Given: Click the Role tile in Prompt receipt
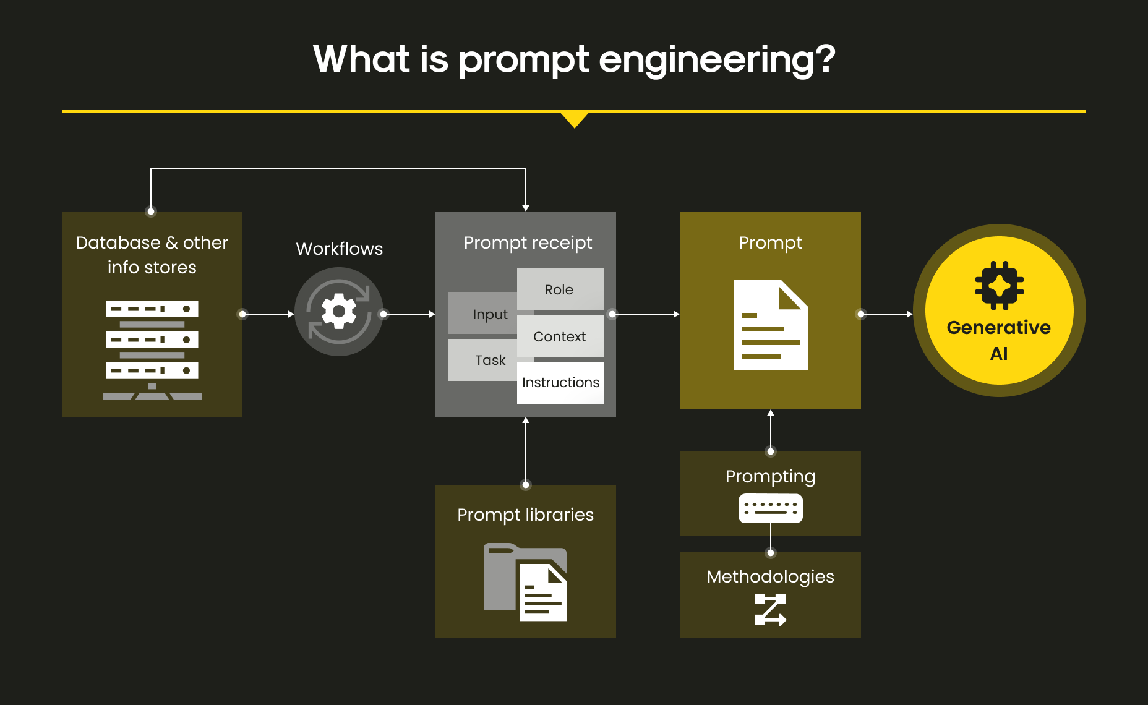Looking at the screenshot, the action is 560,289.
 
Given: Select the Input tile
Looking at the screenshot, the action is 483,314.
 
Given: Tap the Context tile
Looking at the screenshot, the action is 560,336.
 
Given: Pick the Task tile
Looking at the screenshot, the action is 483,360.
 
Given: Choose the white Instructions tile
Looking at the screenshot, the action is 560,383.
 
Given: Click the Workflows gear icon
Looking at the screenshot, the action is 339,312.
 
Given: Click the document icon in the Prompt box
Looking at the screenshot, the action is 771,325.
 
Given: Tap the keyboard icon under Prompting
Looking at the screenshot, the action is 771,508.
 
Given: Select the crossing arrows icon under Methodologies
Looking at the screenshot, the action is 771,610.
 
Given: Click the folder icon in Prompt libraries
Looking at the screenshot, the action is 525,582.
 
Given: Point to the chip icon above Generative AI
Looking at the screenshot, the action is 1000,285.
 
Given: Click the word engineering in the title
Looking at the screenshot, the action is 717,60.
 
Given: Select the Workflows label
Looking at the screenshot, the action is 340,249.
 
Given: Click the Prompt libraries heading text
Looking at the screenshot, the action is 525,515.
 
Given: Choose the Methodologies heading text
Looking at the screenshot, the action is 771,577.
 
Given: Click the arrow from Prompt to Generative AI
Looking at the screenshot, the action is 887,314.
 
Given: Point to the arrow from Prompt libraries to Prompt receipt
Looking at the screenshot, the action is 526,451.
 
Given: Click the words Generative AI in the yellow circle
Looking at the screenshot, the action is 999,340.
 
